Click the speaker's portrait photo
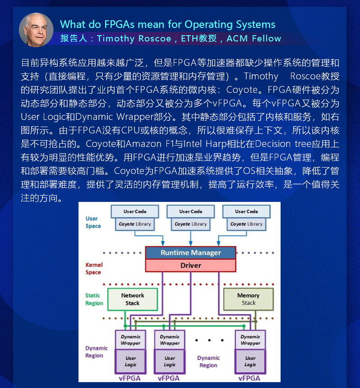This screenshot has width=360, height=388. click(x=36, y=29)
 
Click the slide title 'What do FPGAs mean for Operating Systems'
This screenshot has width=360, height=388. click(x=167, y=24)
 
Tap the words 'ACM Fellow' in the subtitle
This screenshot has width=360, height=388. click(x=254, y=39)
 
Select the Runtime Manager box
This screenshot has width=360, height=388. click(x=190, y=253)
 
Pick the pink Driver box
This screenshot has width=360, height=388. click(x=190, y=265)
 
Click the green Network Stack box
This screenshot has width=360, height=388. click(x=132, y=299)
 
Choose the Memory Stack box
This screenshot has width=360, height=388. click(x=248, y=299)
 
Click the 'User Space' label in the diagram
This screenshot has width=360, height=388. click(x=93, y=222)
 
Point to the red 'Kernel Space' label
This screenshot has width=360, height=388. click(x=93, y=269)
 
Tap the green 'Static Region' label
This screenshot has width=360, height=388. click(x=94, y=299)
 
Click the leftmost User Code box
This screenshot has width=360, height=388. click(x=135, y=211)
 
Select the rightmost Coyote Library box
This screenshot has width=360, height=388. click(x=246, y=224)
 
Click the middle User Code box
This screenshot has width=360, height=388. click(x=190, y=211)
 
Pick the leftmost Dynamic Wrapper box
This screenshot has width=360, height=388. click(x=130, y=340)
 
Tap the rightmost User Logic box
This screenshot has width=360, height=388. click(x=250, y=361)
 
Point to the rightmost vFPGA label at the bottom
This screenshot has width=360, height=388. click(x=249, y=378)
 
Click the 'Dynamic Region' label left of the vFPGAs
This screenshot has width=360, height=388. click(x=97, y=351)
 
